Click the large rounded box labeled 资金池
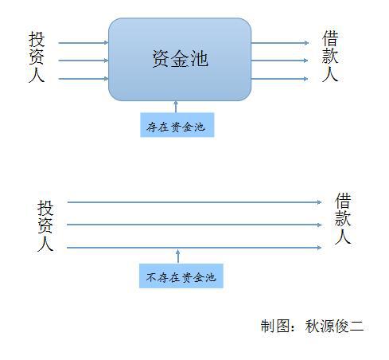click(180, 60)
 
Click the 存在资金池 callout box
click(177, 125)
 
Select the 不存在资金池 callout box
click(181, 276)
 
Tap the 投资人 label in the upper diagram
click(37, 57)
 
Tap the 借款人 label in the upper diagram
click(330, 56)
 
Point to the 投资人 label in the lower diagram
click(45, 225)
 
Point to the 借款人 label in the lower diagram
click(343, 218)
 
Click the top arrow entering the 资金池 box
click(84, 43)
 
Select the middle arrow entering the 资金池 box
click(84, 61)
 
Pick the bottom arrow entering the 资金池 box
click(84, 79)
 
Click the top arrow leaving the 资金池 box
click(280, 43)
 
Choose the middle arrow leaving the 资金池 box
click(279, 61)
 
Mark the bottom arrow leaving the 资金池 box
click(279, 79)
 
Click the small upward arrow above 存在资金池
click(176, 107)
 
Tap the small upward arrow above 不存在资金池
click(178, 256)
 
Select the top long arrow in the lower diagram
click(194, 202)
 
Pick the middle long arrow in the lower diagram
click(194, 225)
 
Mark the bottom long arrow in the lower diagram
click(194, 248)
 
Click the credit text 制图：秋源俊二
click(312, 326)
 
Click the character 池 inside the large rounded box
click(199, 59)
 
